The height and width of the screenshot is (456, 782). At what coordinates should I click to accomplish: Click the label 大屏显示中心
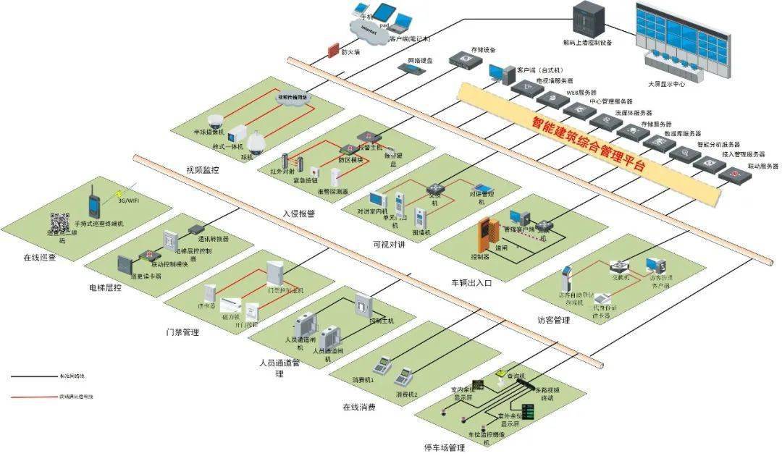[667, 84]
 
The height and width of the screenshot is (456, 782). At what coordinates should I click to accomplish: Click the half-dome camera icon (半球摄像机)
[216, 121]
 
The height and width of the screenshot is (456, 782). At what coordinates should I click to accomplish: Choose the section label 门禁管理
[182, 333]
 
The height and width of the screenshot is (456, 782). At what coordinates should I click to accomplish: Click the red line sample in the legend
[33, 397]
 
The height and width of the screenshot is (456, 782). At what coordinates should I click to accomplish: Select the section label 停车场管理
[444, 449]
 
